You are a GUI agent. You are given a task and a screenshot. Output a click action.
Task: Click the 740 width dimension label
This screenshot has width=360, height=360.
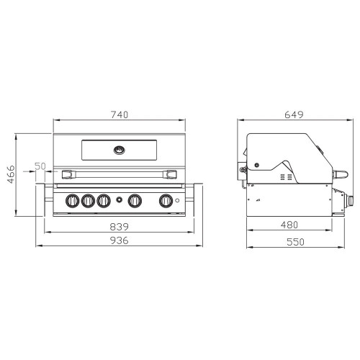(x=120, y=115)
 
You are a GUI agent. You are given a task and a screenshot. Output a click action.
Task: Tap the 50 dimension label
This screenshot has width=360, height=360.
(x=40, y=166)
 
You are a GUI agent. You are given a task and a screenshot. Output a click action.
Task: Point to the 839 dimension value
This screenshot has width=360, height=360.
(x=120, y=225)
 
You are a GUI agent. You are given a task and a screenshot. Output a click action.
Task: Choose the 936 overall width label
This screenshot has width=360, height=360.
(x=120, y=240)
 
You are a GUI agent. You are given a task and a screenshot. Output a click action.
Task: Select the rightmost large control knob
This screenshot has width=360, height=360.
(x=166, y=201)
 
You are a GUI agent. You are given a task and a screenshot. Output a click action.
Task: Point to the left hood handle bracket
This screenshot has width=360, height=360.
(x=68, y=174)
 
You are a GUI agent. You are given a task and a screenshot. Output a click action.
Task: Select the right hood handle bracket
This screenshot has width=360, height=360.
(x=171, y=174)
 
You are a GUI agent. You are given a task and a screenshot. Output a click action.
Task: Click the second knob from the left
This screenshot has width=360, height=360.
(x=89, y=201)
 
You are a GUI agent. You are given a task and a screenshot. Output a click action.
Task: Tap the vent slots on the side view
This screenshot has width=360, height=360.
(x=286, y=176)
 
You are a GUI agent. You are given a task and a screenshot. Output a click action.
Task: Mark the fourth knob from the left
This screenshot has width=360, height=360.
(x=134, y=201)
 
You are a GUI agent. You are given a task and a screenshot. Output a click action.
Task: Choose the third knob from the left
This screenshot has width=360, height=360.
(x=104, y=201)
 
